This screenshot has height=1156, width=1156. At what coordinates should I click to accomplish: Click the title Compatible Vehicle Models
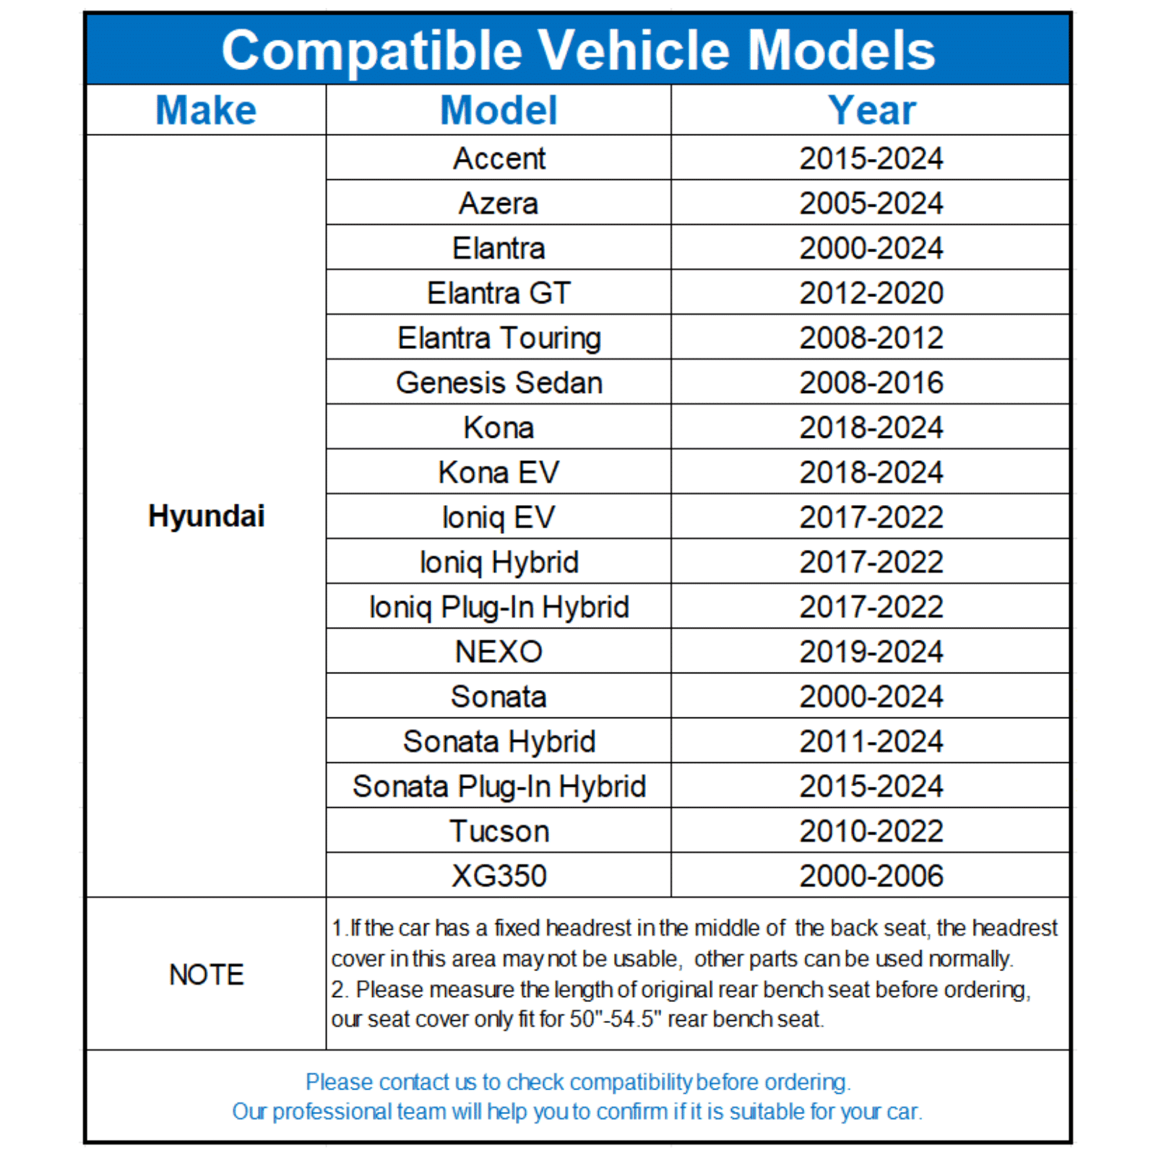pos(578,51)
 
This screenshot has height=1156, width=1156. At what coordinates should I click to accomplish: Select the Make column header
pos(206,111)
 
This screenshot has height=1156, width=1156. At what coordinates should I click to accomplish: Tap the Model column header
pos(499,111)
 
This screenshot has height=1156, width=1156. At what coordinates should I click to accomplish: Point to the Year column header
pos(871,111)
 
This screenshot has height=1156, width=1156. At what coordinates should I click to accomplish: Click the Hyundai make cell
pos(206,516)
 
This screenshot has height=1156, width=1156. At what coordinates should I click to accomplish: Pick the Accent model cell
pos(499,158)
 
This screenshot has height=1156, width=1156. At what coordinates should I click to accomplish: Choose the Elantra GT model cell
pos(499,293)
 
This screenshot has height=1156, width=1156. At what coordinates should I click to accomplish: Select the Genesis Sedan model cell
pos(499,383)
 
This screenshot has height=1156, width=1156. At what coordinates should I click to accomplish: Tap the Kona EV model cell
pos(499,473)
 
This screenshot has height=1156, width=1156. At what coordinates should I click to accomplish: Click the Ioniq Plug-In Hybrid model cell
pos(499,607)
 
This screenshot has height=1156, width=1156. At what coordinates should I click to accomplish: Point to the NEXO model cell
pos(499,652)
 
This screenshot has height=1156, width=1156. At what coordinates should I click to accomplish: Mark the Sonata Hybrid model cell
pos(499,741)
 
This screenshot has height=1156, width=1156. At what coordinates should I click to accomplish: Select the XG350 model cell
pos(499,876)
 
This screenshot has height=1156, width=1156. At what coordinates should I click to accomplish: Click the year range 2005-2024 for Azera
pos(871,203)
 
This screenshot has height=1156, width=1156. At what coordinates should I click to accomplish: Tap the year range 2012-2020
pos(871,293)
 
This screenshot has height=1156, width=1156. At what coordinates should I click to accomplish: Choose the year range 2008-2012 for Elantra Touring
pos(871,338)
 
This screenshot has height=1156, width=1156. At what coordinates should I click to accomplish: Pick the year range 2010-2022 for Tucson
pos(871,831)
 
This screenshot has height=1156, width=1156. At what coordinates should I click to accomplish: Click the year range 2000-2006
pos(871,876)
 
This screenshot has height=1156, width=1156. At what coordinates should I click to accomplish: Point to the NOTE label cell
pos(206,974)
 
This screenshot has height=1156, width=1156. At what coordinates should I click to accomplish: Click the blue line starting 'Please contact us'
pos(578,1082)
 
